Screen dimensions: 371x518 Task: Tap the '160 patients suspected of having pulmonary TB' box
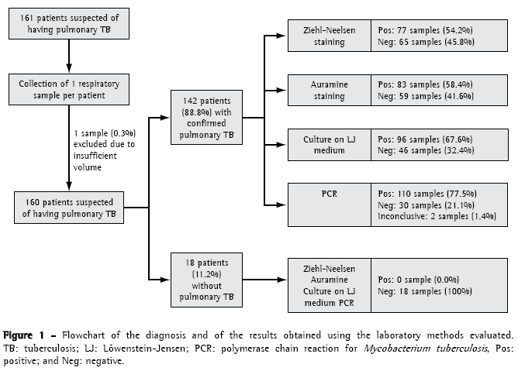point(69,208)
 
